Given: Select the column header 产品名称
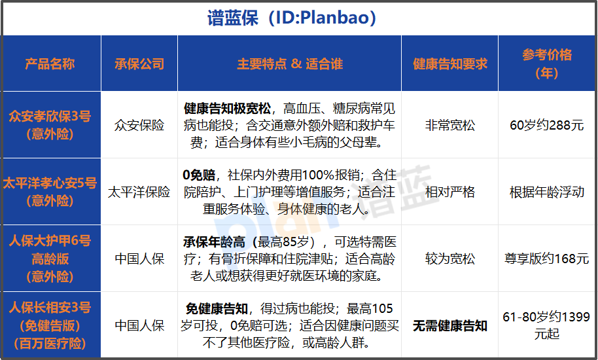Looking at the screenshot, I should pyautogui.click(x=50, y=63).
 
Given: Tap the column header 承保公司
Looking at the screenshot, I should pyautogui.click(x=139, y=63).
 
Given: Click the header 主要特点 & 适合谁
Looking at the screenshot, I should pyautogui.click(x=289, y=63).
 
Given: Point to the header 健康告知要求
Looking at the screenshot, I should pyautogui.click(x=449, y=63).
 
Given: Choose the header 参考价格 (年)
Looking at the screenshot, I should pyautogui.click(x=547, y=63).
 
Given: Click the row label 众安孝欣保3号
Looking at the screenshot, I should pyautogui.click(x=50, y=117).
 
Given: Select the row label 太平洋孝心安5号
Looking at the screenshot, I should pyautogui.click(x=50, y=183).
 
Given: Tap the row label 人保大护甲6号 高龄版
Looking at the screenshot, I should pyautogui.click(x=50, y=249).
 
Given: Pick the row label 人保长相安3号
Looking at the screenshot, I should pyautogui.click(x=50, y=308).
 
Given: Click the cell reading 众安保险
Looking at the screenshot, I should pyautogui.click(x=139, y=125).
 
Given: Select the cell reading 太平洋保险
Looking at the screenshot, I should pyautogui.click(x=139, y=192).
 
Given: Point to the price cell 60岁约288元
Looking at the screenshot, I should pyautogui.click(x=547, y=125).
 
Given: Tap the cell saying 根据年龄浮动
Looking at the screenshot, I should pyautogui.click(x=547, y=192).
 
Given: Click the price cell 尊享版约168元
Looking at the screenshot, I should pyautogui.click(x=547, y=259).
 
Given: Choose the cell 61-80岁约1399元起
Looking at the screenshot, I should pyautogui.click(x=547, y=325).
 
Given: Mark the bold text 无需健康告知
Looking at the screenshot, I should pyautogui.click(x=449, y=325).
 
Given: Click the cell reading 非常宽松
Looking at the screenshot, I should pyautogui.click(x=449, y=125).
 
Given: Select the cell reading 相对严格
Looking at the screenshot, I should pyautogui.click(x=449, y=192).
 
